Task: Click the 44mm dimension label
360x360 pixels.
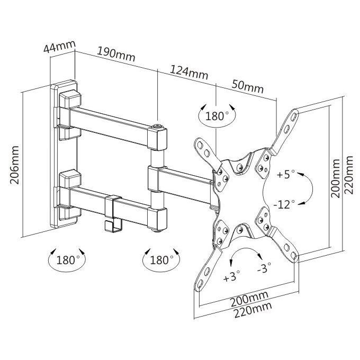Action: coord(59,47)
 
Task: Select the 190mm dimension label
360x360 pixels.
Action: coord(116,55)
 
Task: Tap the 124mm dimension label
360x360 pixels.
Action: coord(188,72)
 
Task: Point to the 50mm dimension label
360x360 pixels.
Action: coord(248,86)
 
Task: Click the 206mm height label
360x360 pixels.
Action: coord(14,165)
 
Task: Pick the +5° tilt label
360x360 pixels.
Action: coord(285,174)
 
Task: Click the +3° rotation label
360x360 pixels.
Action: coord(232,276)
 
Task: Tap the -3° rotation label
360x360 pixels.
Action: coord(264,268)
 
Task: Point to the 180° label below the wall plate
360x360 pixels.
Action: coord(68,260)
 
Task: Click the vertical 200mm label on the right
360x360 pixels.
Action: coord(335,178)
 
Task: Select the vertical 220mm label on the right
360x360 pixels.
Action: coord(348,175)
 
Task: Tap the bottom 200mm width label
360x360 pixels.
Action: coord(249,299)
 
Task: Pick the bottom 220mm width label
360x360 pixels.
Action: coord(253,310)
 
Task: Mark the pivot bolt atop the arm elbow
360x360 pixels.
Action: coord(158,126)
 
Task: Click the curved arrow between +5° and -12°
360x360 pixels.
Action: coord(313,188)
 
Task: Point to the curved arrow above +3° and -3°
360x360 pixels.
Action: coord(245,248)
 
